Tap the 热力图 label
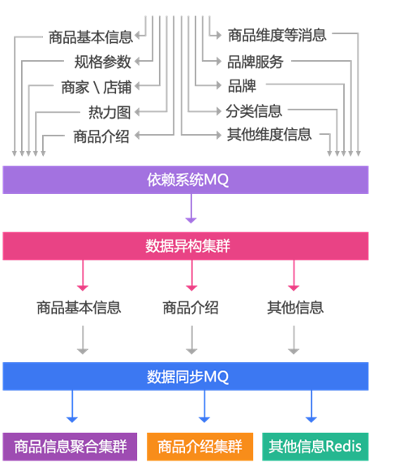109,111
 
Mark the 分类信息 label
254,110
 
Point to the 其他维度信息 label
269,135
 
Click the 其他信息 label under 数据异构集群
295,308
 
